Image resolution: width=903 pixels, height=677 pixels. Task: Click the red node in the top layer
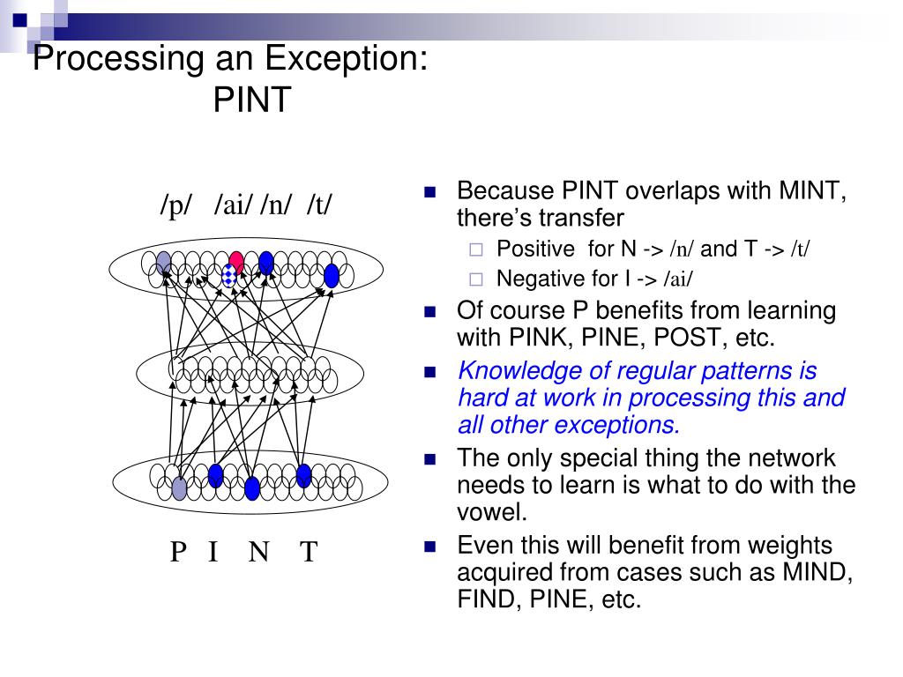point(236,261)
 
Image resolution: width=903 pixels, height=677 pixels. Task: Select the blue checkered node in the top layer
point(229,277)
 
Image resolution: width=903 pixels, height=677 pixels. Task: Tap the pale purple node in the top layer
point(164,261)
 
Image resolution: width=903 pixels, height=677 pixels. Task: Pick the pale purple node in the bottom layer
point(179,487)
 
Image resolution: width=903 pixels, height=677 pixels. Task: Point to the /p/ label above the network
point(176,205)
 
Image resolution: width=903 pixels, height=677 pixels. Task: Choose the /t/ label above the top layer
point(320,205)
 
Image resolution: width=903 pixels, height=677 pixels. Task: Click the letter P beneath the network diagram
point(178,553)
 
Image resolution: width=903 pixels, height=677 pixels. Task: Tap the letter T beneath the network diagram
point(309,553)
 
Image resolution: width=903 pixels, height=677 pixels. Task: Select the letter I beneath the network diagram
point(213,553)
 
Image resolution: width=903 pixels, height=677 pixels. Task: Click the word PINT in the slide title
point(251,100)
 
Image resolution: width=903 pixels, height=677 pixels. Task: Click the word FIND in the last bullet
point(485,600)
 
